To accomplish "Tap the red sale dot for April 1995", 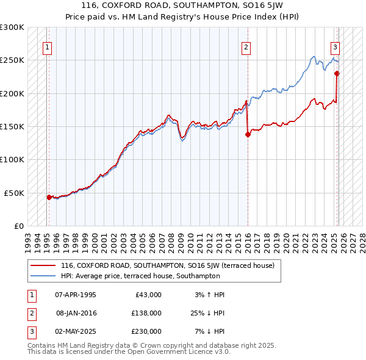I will pyautogui.click(x=49, y=197).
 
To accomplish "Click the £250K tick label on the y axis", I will pyautogui.click(x=12, y=60).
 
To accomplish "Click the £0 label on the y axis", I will pyautogui.click(x=20, y=226).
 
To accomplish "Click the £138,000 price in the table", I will pyautogui.click(x=146, y=313).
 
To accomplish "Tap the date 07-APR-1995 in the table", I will pyautogui.click(x=75, y=295).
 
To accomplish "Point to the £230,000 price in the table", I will pyautogui.click(x=146, y=331).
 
